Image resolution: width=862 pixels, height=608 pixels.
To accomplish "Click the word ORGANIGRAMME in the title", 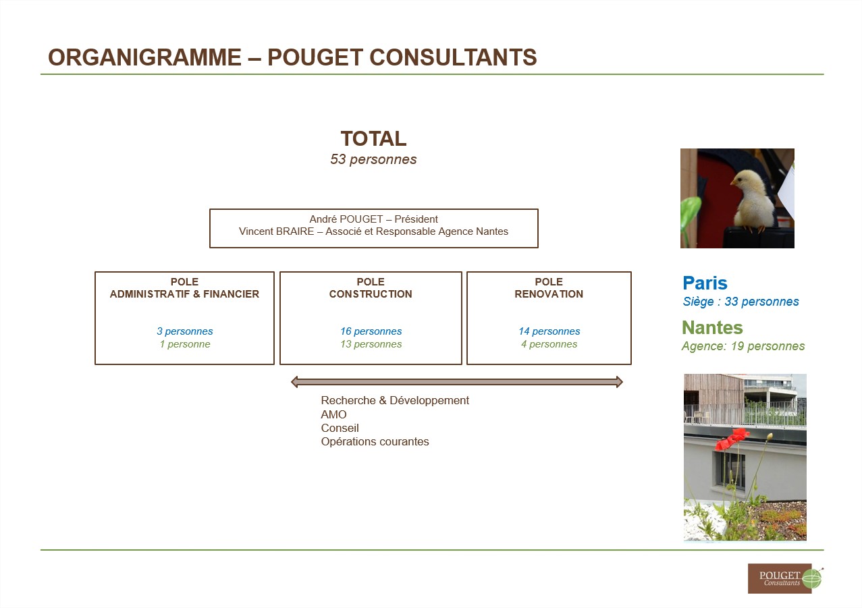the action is tap(144, 57).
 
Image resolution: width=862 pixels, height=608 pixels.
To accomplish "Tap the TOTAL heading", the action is tap(373, 138).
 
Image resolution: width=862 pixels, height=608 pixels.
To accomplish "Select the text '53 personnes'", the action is tap(373, 159).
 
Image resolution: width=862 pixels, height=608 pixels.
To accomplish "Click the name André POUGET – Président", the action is tap(373, 219).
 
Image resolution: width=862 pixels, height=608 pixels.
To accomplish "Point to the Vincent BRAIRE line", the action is tap(373, 231).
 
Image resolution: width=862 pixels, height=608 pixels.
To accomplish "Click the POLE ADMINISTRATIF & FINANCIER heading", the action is tap(184, 288).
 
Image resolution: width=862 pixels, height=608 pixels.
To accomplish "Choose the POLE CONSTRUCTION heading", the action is tap(371, 288).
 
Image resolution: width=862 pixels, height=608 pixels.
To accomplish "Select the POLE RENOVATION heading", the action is tap(549, 288).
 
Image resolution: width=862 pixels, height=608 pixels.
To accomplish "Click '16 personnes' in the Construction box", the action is tap(371, 331).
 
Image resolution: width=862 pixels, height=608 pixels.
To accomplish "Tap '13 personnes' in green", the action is tap(371, 344).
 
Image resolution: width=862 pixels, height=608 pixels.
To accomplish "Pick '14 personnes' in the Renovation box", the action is tap(549, 331).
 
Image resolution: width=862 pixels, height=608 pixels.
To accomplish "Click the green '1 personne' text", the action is tap(185, 344).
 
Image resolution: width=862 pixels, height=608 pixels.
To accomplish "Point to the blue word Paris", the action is tap(705, 283).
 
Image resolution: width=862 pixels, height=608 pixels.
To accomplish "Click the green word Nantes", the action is tap(712, 328).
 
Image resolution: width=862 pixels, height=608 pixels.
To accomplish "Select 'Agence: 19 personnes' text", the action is tap(743, 346).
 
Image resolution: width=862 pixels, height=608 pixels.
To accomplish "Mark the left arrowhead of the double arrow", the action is tap(294, 382).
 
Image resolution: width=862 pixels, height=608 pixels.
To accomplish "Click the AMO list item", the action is tap(333, 414).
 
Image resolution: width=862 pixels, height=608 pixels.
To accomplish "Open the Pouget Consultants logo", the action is tap(784, 578).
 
